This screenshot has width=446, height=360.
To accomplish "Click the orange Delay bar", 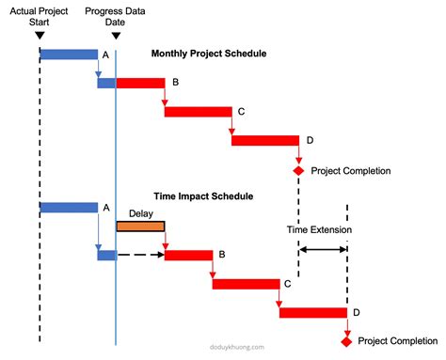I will (x=140, y=226).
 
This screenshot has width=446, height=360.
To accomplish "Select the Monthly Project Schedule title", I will (x=209, y=54).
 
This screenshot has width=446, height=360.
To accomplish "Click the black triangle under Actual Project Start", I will (x=40, y=37).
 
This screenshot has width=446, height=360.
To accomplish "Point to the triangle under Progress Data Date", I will (x=116, y=37).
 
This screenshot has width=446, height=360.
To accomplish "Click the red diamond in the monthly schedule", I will (x=298, y=170).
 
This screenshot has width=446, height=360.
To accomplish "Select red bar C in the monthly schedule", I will (x=198, y=112).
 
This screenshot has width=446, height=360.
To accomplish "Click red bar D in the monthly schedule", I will (x=264, y=141).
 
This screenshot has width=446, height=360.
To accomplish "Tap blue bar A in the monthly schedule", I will (x=69, y=55).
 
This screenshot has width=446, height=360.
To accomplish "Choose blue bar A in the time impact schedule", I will (x=69, y=207).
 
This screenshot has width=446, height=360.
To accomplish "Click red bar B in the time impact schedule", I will (x=188, y=255).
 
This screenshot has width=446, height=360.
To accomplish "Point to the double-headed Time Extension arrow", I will (x=323, y=249).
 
